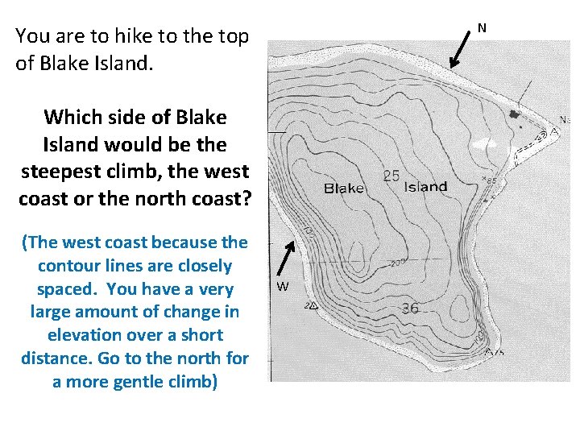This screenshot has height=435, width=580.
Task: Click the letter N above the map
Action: (x=482, y=28)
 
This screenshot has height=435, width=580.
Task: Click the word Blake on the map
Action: (x=344, y=188)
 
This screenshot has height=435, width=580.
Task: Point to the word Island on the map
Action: (x=425, y=187)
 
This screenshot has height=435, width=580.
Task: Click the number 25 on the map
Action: (x=391, y=176)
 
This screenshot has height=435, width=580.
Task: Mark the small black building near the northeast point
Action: (x=516, y=115)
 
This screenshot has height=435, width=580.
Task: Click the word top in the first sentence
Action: (x=234, y=35)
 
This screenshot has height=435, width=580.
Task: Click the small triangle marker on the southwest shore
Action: (x=312, y=306)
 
